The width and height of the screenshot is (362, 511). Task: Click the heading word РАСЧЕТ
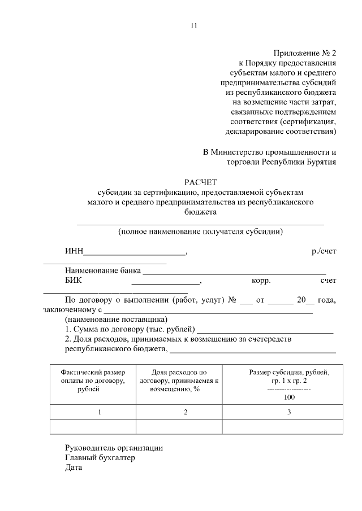[x=200, y=182]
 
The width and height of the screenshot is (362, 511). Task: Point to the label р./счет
[x=324, y=251]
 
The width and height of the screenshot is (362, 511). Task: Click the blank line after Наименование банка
[x=234, y=273]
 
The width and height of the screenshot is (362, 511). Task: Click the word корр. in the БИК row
[x=261, y=280]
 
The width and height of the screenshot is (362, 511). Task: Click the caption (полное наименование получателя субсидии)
[x=200, y=232]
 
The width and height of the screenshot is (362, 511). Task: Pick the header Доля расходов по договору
[x=179, y=381]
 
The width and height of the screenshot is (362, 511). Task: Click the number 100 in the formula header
[x=288, y=397]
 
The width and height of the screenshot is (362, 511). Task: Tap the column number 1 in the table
[x=100, y=412]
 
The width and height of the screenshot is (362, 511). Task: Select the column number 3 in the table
[x=288, y=412]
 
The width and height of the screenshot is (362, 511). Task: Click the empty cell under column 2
[x=179, y=427]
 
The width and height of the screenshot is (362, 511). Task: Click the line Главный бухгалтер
[x=100, y=458]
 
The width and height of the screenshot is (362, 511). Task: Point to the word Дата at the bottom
[x=74, y=468]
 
